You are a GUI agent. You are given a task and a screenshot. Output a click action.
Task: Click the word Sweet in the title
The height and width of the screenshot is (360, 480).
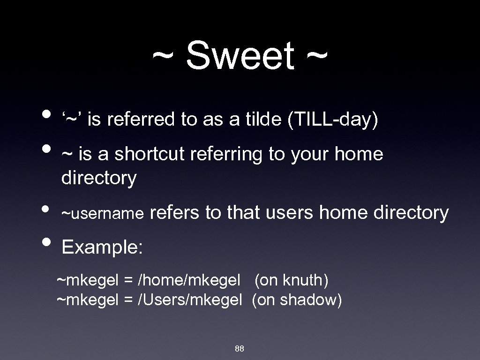(240, 56)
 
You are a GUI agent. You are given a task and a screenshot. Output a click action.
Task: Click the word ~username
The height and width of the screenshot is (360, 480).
(102, 214)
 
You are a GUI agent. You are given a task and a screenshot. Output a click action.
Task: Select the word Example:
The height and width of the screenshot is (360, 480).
(102, 247)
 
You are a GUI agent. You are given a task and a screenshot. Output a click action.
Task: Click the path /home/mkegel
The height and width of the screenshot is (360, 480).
(188, 281)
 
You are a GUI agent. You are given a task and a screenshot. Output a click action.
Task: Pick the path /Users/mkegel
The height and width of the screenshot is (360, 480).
(189, 300)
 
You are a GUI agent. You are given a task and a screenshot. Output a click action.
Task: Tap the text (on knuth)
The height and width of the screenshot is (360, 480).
(292, 281)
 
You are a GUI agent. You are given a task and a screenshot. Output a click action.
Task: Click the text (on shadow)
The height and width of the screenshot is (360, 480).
(297, 300)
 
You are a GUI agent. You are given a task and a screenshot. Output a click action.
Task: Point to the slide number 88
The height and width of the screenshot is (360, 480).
(239, 349)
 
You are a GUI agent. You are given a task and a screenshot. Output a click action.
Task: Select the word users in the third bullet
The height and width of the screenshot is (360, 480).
(290, 213)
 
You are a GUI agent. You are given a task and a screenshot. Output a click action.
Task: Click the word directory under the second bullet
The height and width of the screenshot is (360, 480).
(99, 178)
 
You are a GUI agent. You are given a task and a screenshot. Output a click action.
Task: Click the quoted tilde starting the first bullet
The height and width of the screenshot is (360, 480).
(72, 120)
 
